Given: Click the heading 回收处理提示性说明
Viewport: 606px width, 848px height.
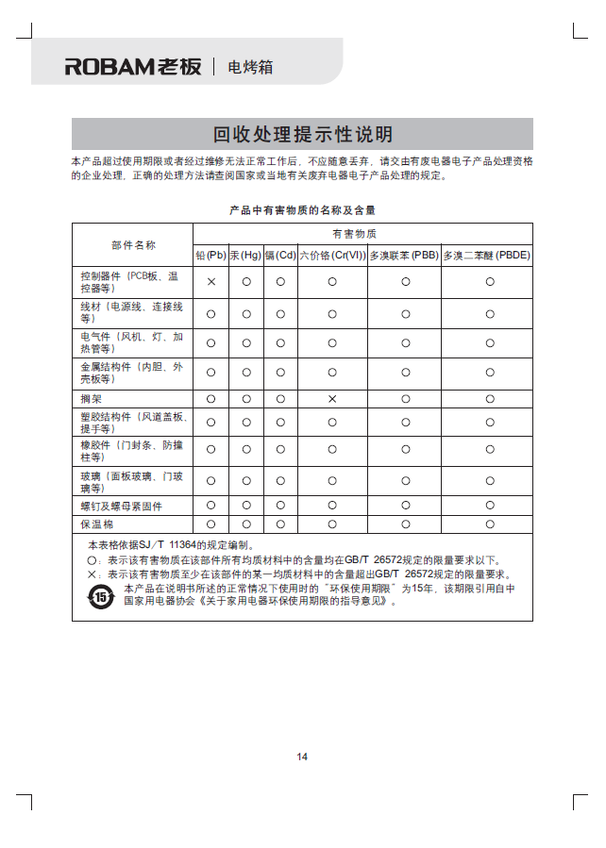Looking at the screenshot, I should (302, 134).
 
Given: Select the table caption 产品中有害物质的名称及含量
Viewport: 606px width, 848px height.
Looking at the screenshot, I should (302, 209).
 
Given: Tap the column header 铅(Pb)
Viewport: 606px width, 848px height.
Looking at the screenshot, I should (210, 256).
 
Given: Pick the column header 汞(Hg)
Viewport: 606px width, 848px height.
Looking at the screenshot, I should (245, 256).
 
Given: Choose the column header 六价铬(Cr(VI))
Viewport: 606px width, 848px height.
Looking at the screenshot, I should (332, 256).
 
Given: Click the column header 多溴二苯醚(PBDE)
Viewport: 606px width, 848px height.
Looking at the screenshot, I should (487, 256).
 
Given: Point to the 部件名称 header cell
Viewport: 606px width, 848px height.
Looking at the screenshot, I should (133, 245).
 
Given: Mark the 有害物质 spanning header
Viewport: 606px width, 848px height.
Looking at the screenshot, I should (362, 233).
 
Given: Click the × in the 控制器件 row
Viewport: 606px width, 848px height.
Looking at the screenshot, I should (211, 282).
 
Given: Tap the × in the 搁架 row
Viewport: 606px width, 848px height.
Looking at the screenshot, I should (332, 399).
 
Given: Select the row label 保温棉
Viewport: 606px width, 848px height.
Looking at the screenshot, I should (96, 524).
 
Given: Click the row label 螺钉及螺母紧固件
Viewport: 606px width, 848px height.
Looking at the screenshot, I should (121, 507).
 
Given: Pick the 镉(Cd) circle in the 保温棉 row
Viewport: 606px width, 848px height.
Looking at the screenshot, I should (280, 524).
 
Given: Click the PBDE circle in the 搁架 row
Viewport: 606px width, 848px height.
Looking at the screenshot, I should (490, 399).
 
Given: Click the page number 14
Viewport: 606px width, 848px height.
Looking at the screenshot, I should (302, 757).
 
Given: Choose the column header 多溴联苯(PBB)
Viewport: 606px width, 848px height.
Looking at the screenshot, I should (404, 256).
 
